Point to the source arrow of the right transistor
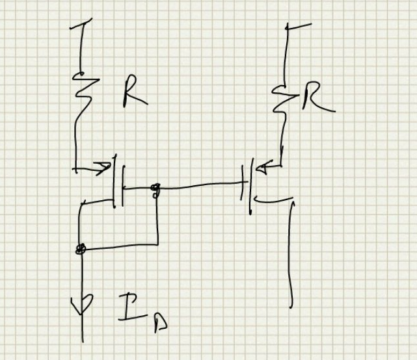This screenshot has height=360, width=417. [265, 168]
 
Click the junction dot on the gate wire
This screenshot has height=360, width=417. [155, 189]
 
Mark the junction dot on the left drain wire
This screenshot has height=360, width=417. [81, 248]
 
